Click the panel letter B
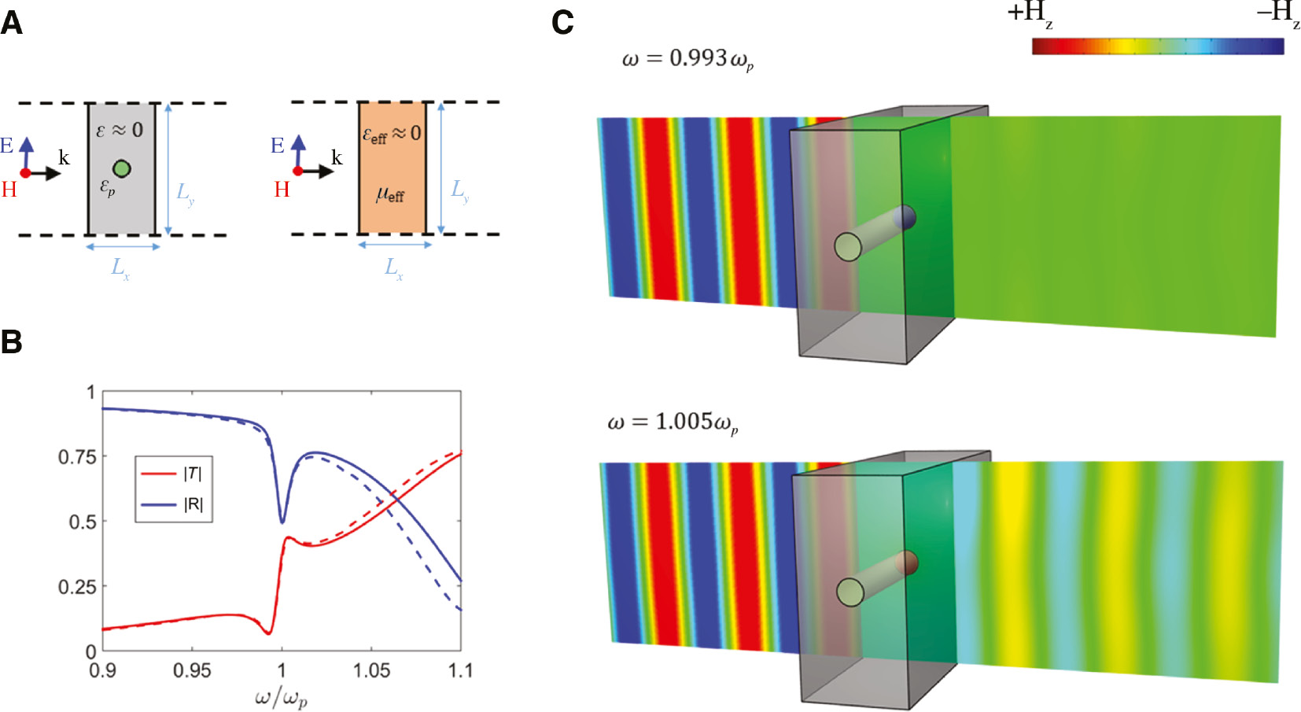[x=11, y=342]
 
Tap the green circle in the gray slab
[x=121, y=168]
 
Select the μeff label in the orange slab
[x=390, y=194]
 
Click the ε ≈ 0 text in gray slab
[x=120, y=130]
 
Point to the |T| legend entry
[x=193, y=473]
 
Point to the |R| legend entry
[x=193, y=504]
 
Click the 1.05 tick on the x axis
[x=370, y=670]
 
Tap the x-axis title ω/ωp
[x=281, y=697]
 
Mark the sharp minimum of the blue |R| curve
[x=282, y=522]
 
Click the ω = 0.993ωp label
[x=687, y=59]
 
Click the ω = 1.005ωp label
[x=673, y=422]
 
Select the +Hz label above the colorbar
[x=1030, y=14]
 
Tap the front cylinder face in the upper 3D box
[x=848, y=246]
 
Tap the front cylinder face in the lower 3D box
[x=850, y=592]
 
